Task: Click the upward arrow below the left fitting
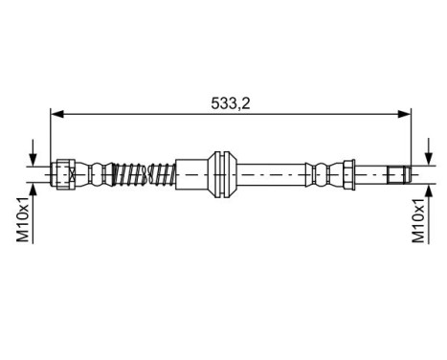(35, 193)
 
